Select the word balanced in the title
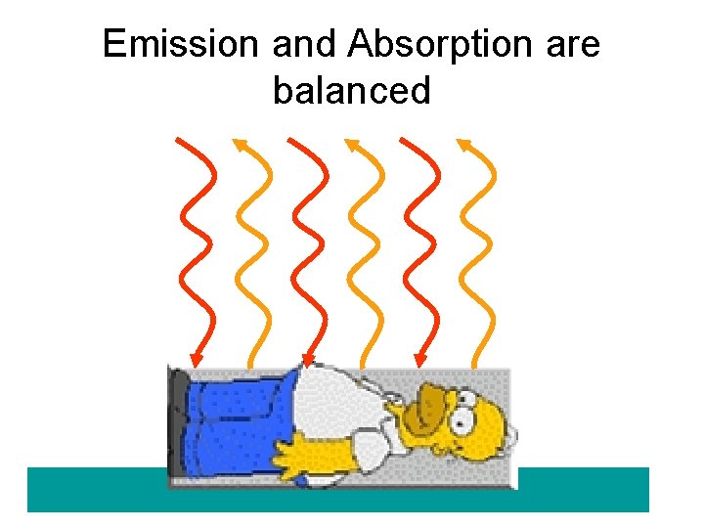tap(352, 91)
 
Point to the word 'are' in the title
tap(570, 44)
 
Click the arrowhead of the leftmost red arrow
tap(197, 358)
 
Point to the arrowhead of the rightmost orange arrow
tap(462, 146)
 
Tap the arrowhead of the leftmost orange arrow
tap(238, 146)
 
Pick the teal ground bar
tap(587, 489)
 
